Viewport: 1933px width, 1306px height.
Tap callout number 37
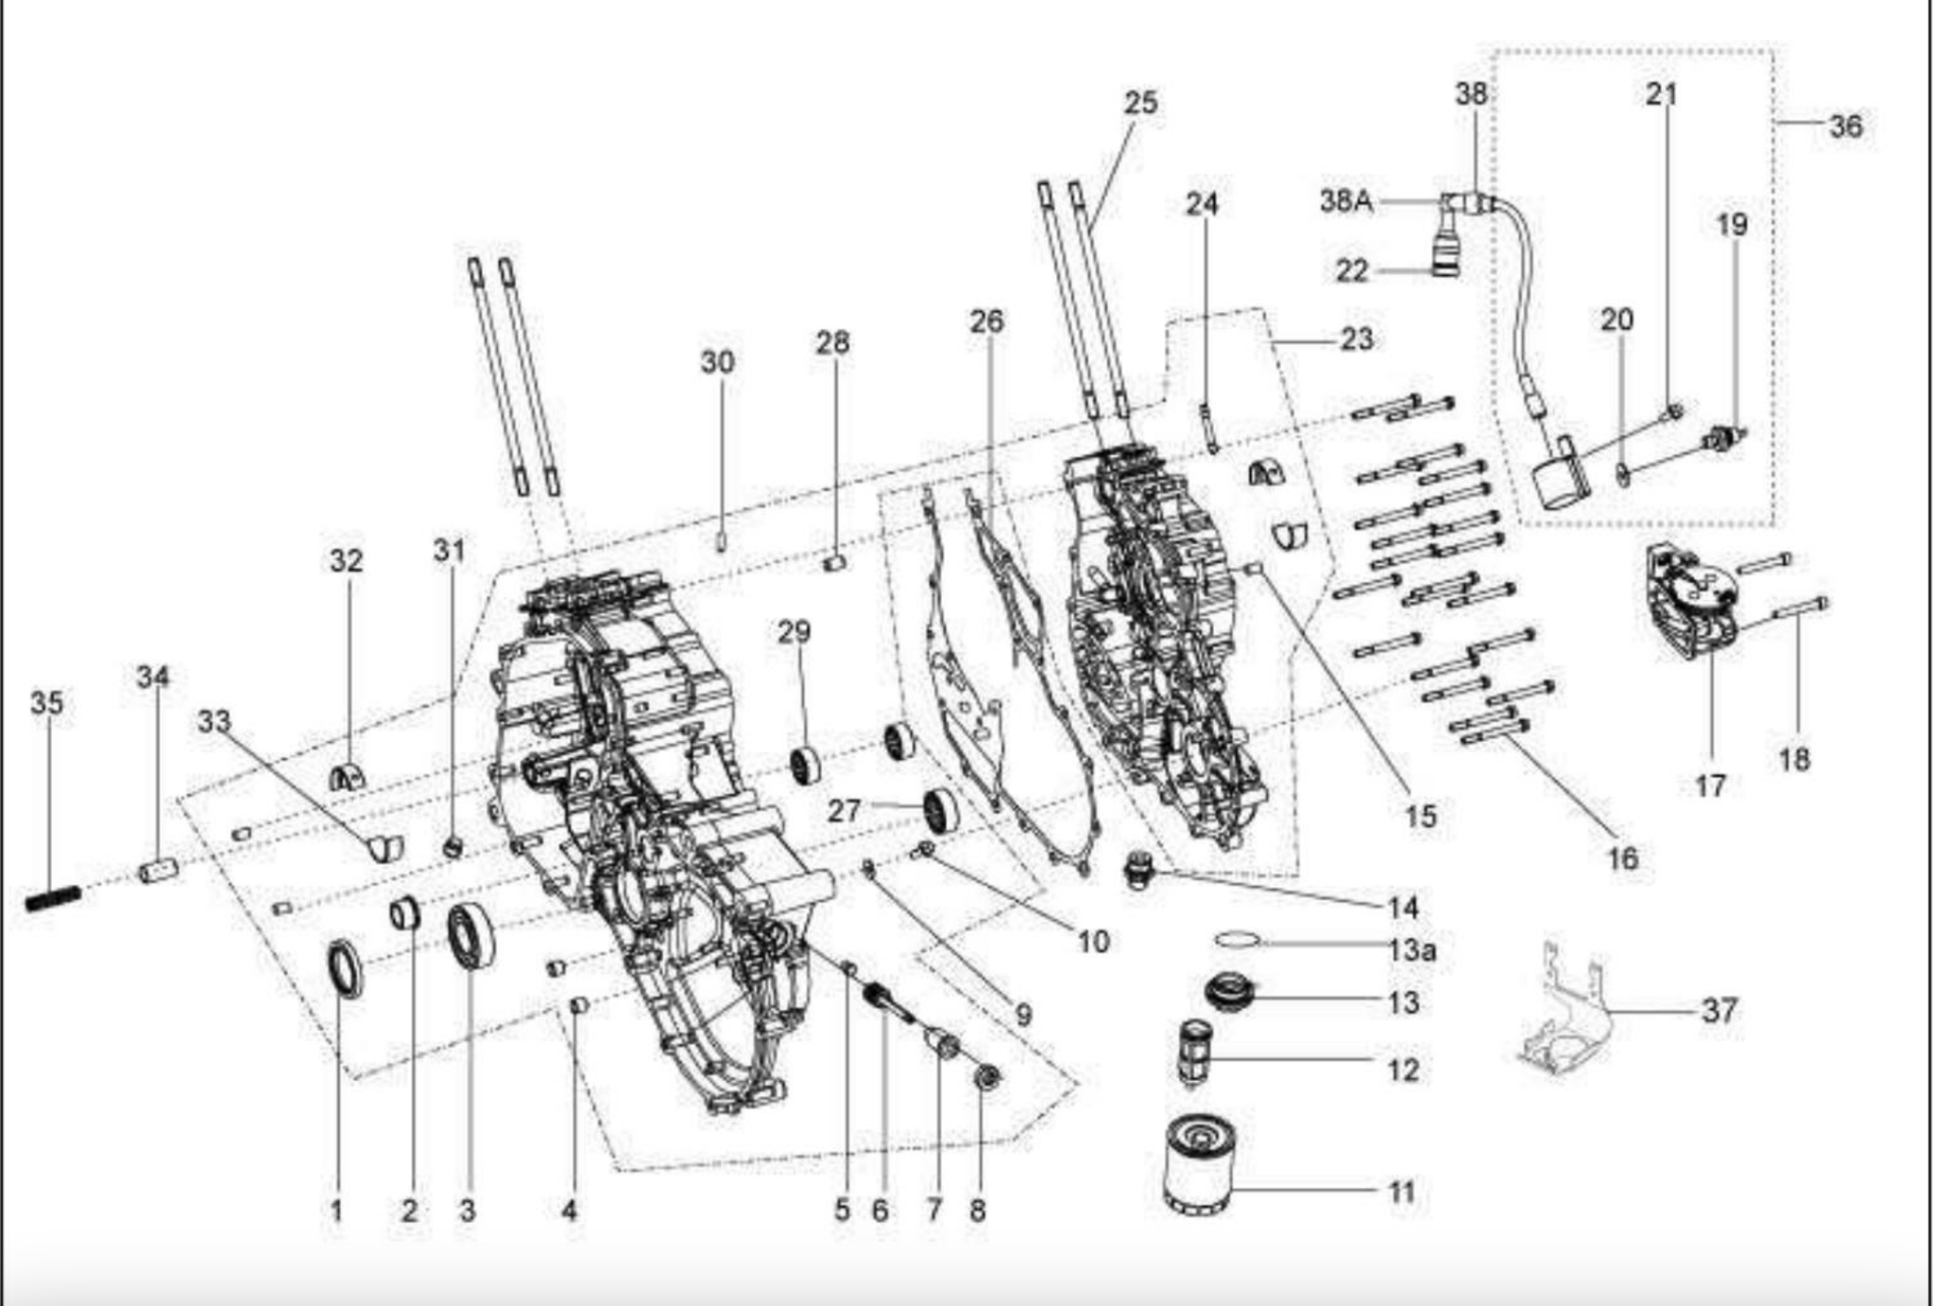1719,1010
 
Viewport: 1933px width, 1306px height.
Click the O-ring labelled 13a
1237,940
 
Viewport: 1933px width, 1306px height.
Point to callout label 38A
1346,200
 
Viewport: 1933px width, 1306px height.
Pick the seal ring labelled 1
344,969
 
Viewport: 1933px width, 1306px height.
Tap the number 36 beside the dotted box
1845,125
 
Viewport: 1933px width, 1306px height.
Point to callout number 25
1140,102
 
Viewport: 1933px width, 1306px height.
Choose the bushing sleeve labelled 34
158,870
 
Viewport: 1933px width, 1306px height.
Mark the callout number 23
1357,338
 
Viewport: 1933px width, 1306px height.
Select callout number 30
717,361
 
